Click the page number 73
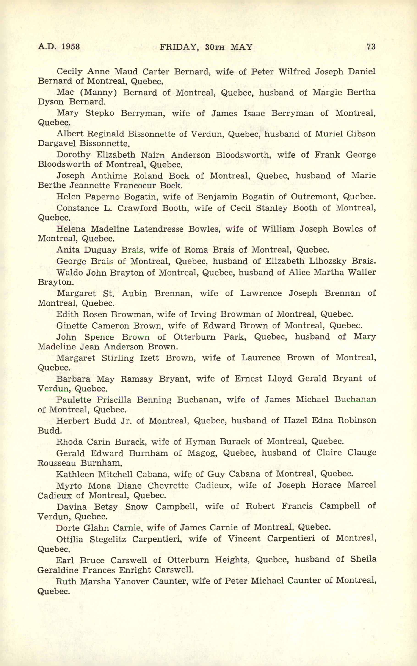pos(371,46)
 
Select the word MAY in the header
pos(241,47)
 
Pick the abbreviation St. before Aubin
pos(108,293)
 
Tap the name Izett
pos(149,358)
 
